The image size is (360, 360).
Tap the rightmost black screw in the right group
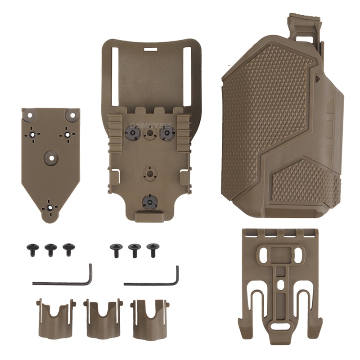pos(153,249)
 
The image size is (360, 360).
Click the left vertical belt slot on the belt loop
pos(115,74)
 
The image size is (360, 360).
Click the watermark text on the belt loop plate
pos(149,127)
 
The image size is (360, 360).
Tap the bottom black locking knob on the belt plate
pos(149,202)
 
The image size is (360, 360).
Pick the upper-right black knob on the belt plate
pos(166,133)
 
